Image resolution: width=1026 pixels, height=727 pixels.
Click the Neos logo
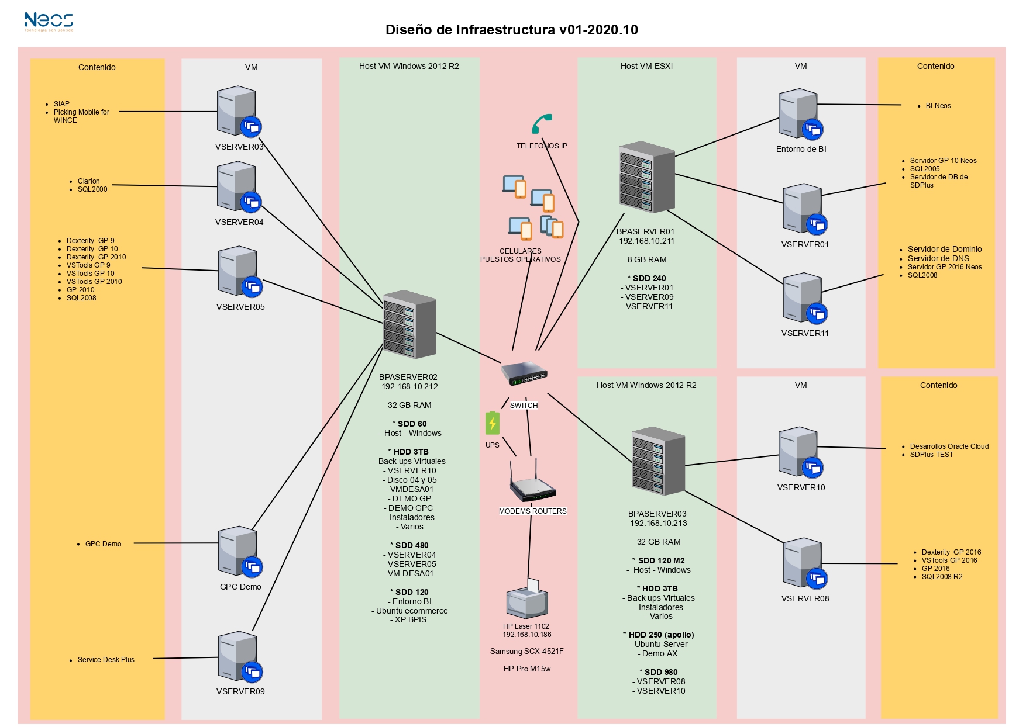pyautogui.click(x=49, y=22)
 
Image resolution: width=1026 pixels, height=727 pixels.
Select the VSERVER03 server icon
pyautogui.click(x=239, y=112)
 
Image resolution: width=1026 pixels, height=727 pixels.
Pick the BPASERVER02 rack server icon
pyautogui.click(x=409, y=324)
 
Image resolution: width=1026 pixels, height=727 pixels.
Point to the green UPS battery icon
pyautogui.click(x=493, y=423)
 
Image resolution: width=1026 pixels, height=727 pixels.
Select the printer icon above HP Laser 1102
pyautogui.click(x=527, y=599)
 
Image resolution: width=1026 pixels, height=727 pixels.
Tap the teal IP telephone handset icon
pyautogui.click(x=542, y=124)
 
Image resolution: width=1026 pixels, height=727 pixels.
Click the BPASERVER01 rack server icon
pyautogui.click(x=646, y=176)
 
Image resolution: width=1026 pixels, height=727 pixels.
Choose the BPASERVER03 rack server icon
pyautogui.click(x=658, y=461)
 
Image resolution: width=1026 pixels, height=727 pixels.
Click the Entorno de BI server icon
pyautogui.click(x=801, y=115)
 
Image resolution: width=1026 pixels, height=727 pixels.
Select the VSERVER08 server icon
pyautogui.click(x=805, y=563)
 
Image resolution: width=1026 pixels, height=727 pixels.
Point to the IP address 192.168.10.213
pyautogui.click(x=659, y=524)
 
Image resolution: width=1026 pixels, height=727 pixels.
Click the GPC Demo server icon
pyautogui.click(x=240, y=552)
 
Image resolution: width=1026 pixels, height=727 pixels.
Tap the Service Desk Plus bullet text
pyautogui.click(x=106, y=660)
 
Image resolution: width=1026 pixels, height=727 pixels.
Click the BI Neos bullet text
pyautogui.click(x=938, y=106)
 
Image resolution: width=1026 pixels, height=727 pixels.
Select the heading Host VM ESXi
pyautogui.click(x=646, y=66)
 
